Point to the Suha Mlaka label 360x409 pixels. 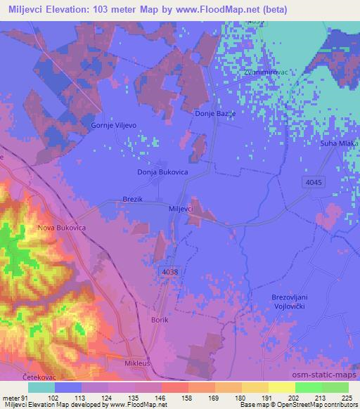click(341, 143)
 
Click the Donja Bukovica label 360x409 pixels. click(161, 171)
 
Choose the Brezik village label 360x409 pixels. click(133, 200)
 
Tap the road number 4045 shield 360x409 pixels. click(316, 183)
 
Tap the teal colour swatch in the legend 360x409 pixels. click(41, 386)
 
